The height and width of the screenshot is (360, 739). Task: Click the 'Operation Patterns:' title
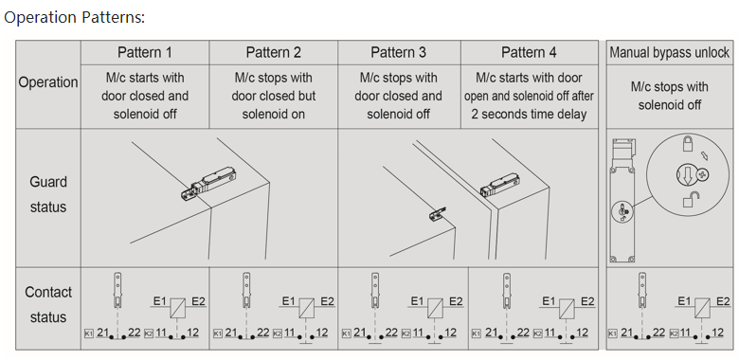pos(75,17)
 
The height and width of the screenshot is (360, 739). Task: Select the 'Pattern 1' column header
pos(145,52)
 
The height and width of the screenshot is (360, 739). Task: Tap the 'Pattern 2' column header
pos(274,52)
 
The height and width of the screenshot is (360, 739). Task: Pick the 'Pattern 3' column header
pos(398,52)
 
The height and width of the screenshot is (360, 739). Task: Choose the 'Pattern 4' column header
pos(529,52)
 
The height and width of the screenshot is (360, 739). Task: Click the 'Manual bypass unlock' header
pos(669,52)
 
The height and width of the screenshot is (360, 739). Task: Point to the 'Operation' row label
pos(48,82)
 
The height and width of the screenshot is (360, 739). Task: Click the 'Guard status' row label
pos(48,194)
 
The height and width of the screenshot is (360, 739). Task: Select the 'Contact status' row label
pos(48,304)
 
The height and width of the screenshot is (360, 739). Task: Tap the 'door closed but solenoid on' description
pos(274,104)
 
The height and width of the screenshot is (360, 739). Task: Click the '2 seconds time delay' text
pos(529,114)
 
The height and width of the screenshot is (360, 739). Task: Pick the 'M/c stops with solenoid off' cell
pos(669,96)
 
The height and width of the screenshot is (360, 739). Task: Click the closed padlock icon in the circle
pos(688,143)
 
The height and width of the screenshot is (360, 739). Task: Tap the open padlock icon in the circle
pos(691,200)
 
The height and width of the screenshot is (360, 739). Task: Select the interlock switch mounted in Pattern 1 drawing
pos(208,184)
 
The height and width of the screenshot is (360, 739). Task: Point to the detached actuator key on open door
pos(438,214)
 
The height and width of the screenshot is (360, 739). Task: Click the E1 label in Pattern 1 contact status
pos(160,300)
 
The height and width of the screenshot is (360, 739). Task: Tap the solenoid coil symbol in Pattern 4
pos(566,308)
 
